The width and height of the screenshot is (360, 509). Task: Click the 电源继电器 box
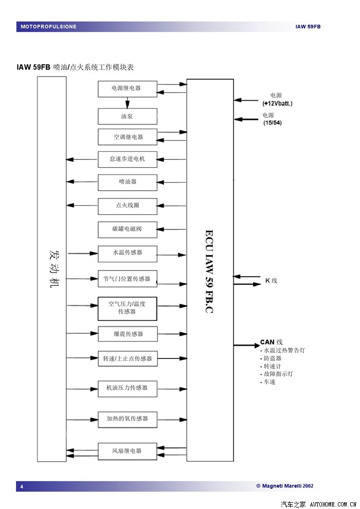pyautogui.click(x=128, y=88)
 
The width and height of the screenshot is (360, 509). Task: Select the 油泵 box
pyautogui.click(x=128, y=117)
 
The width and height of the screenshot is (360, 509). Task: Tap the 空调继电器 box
pyautogui.click(x=128, y=137)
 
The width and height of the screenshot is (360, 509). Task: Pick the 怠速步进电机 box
pyautogui.click(x=128, y=159)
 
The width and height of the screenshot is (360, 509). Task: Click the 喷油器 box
pyautogui.click(x=128, y=181)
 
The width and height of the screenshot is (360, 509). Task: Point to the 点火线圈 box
pyautogui.click(x=128, y=205)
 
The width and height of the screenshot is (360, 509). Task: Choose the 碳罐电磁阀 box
pyautogui.click(x=128, y=229)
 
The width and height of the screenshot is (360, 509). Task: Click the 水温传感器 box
pyautogui.click(x=128, y=253)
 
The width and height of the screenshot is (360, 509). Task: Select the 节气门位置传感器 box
pyautogui.click(x=128, y=279)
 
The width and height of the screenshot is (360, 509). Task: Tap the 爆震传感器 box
pyautogui.click(x=128, y=334)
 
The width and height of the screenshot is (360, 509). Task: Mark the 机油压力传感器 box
pyautogui.click(x=128, y=388)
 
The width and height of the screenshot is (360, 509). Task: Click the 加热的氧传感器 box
pyautogui.click(x=128, y=419)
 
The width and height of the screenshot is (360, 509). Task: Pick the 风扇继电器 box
pyautogui.click(x=128, y=451)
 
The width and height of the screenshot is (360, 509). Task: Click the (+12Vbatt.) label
pyautogui.click(x=277, y=103)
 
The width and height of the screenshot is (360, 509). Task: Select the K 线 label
pyautogui.click(x=271, y=281)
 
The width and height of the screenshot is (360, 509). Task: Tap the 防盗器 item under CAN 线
pyautogui.click(x=272, y=358)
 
